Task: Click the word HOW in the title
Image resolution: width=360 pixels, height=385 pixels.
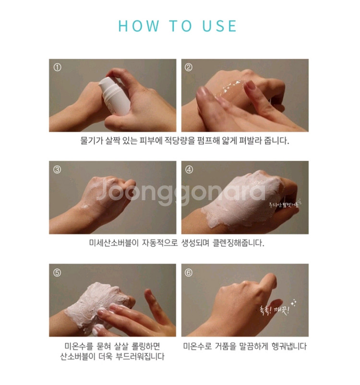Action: [x=137, y=25]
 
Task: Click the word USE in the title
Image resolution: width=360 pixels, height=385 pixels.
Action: [x=218, y=25]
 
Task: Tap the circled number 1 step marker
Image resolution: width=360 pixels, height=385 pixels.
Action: [x=57, y=67]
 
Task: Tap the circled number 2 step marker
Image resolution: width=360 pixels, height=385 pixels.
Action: [x=189, y=67]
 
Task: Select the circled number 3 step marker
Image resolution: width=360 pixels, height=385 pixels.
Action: [x=57, y=169]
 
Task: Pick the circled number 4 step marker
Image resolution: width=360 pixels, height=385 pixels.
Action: [x=189, y=169]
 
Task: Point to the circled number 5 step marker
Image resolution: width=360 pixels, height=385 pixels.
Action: [x=57, y=272]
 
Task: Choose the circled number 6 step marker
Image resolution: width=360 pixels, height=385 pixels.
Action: [x=189, y=272]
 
